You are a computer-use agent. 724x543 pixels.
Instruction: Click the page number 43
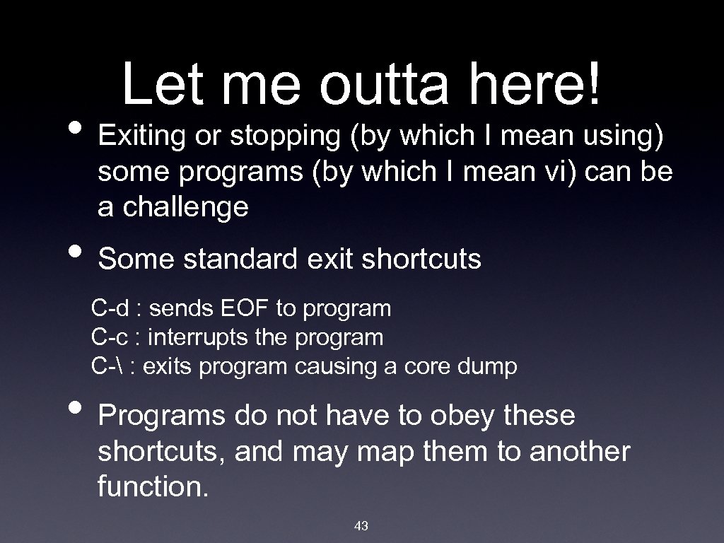tap(361, 525)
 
